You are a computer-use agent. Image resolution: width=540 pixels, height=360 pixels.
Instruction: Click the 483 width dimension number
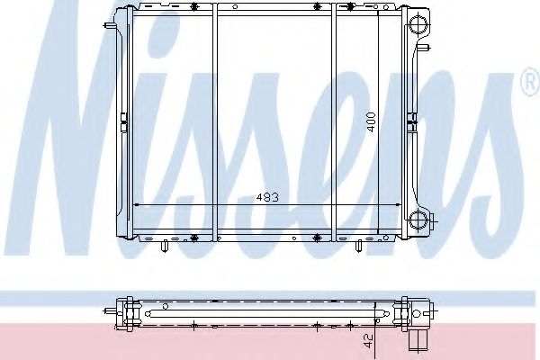coord(267,197)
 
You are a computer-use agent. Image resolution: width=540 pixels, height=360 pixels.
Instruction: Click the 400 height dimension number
coord(371,122)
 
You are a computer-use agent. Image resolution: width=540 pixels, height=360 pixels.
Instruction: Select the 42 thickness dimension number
coord(368,341)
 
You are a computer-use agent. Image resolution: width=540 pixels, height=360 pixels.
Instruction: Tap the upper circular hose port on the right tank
coord(418,25)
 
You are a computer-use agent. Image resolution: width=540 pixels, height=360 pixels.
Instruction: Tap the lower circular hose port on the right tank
coord(418,219)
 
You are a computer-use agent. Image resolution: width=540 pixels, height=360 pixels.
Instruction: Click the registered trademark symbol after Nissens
coord(531,82)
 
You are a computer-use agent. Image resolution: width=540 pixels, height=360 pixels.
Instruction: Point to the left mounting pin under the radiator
coord(165,246)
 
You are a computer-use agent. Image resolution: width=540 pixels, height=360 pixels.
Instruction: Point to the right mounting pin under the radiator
coord(358,246)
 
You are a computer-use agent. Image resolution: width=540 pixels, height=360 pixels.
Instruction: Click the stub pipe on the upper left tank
coord(110,25)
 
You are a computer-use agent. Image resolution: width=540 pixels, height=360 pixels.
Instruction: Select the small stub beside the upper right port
coord(423,48)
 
